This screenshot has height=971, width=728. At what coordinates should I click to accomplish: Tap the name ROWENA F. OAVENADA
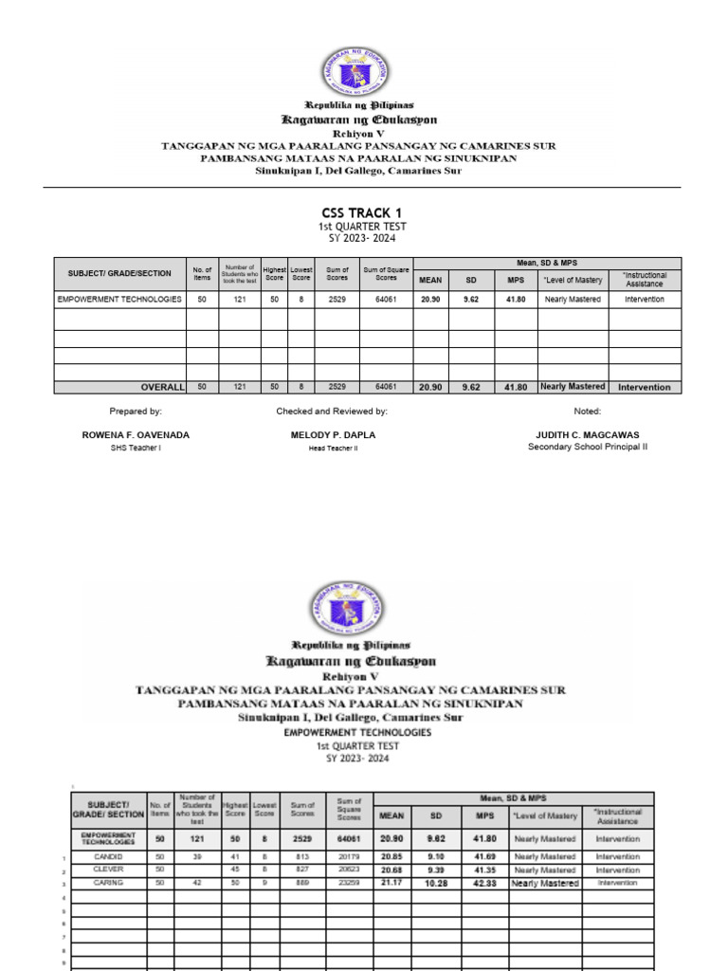click(x=136, y=434)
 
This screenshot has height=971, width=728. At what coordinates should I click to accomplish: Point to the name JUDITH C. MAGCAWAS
click(x=588, y=434)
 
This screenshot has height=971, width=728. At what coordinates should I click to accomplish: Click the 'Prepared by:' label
click(x=136, y=412)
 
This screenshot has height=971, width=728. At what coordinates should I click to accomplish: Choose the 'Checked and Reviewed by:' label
click(x=331, y=412)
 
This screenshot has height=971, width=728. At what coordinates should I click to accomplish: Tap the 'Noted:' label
click(x=588, y=412)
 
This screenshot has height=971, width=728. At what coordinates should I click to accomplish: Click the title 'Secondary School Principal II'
click(x=588, y=447)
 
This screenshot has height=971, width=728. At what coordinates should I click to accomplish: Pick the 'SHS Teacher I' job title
click(x=136, y=448)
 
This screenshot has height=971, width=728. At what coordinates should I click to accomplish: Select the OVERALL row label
click(x=160, y=387)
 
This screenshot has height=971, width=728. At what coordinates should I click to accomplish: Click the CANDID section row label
click(x=108, y=856)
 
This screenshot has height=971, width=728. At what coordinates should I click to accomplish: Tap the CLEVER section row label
click(x=108, y=870)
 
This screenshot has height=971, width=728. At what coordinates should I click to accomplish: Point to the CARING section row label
click(x=108, y=883)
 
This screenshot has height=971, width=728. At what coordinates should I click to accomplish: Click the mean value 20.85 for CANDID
click(x=392, y=856)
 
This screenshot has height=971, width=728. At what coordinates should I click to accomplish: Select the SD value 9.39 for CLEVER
click(x=438, y=870)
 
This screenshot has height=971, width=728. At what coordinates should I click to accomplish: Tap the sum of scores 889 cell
click(x=301, y=883)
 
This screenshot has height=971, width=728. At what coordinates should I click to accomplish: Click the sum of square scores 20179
click(x=349, y=856)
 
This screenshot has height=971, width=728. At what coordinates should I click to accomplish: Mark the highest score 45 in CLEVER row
click(x=234, y=870)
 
